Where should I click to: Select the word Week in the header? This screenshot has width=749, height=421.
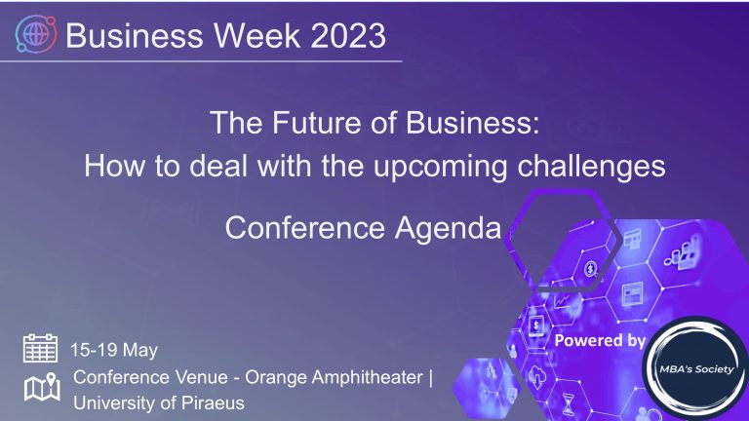click(x=248, y=36)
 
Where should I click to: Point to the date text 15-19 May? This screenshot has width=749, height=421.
click(x=114, y=350)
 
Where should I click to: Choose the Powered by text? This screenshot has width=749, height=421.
click(x=599, y=340)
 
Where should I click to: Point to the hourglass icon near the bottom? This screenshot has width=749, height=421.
click(x=567, y=401)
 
